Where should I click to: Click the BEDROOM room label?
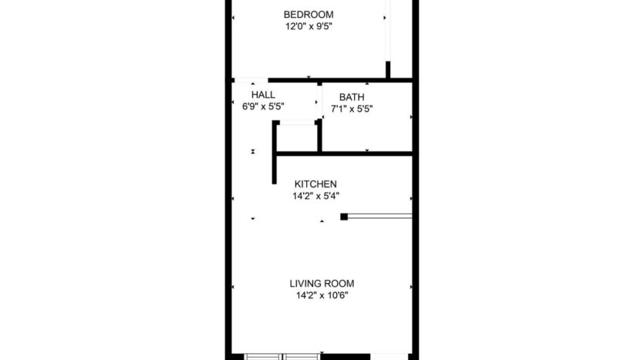(308, 14)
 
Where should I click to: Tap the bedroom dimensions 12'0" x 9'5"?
(308, 25)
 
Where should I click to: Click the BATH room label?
(352, 97)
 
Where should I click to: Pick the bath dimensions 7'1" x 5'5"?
(352, 109)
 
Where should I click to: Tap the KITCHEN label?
(315, 184)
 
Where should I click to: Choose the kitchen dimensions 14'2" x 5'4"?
(315, 196)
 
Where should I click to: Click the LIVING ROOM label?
(322, 283)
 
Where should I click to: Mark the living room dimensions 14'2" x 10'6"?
(322, 294)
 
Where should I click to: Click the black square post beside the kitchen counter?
(344, 217)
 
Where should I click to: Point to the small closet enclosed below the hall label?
(297, 137)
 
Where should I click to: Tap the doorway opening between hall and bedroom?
(251, 79)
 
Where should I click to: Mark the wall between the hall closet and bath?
(319, 135)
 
